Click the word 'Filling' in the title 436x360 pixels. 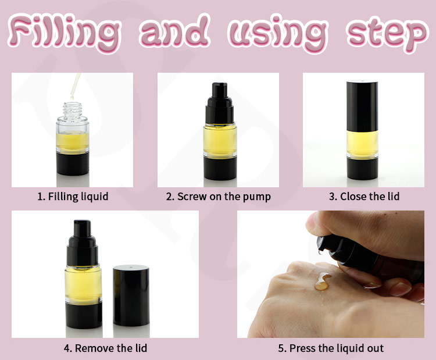click(x=64, y=33)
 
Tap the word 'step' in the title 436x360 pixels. click(x=387, y=34)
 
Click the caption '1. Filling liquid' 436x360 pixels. click(x=73, y=197)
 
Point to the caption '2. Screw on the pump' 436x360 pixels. click(x=218, y=197)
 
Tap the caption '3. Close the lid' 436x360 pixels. click(x=364, y=197)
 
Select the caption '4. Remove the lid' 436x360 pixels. click(x=105, y=348)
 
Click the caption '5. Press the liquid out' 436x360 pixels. click(x=331, y=348)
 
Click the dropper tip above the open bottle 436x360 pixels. click(x=72, y=98)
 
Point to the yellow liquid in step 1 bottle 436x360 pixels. click(x=73, y=143)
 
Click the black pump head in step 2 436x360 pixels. click(x=220, y=103)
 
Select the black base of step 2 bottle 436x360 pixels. click(x=220, y=168)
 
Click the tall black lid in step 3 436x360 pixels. click(x=362, y=106)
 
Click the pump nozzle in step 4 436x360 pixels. click(x=82, y=229)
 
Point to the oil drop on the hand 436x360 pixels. click(x=323, y=281)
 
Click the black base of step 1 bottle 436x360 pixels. click(x=73, y=163)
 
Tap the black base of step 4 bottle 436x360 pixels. click(x=84, y=315)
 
